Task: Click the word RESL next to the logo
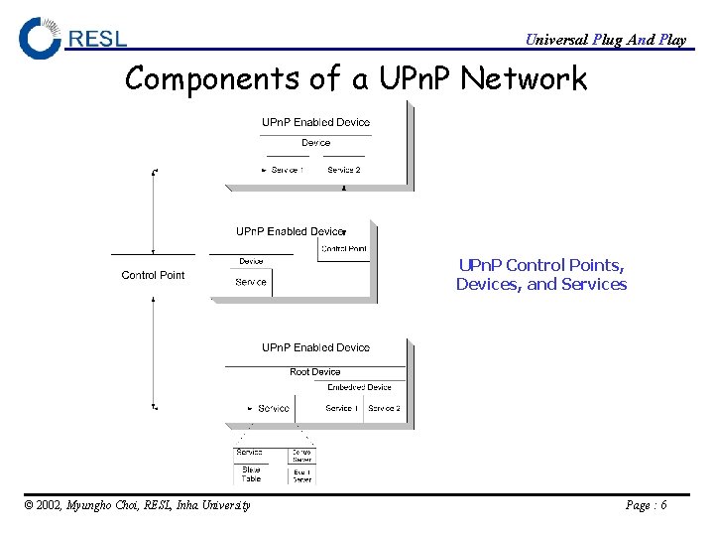point(98,39)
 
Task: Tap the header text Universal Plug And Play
point(605,40)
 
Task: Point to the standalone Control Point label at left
point(153,275)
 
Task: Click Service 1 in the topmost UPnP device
point(286,170)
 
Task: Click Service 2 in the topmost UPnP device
point(344,170)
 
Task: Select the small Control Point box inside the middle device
point(344,249)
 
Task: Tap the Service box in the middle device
point(251,282)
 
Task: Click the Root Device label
point(314,372)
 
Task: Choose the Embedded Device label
point(359,387)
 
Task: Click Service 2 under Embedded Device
point(384,408)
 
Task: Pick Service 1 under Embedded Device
point(340,408)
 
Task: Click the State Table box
point(251,473)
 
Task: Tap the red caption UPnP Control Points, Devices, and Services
point(541,275)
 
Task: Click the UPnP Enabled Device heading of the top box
point(315,122)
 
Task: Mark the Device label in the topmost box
point(315,143)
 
